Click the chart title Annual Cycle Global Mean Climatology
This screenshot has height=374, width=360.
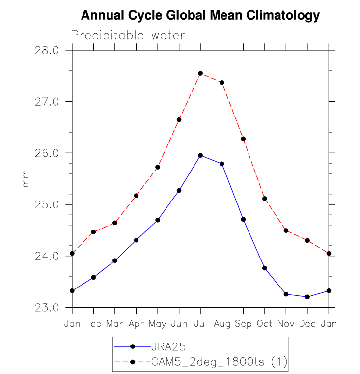tap(200, 16)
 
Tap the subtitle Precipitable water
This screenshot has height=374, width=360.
tap(128, 35)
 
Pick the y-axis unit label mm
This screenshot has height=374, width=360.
tap(26, 178)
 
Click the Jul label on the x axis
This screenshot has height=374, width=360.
tap(200, 324)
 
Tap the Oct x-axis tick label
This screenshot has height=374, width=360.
tap(265, 324)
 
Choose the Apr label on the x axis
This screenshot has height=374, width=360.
tap(136, 324)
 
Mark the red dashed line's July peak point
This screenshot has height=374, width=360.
tap(200, 73)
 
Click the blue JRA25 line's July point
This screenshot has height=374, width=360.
tap(200, 155)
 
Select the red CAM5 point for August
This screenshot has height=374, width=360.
tap(222, 83)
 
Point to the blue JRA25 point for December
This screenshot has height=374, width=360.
tap(307, 297)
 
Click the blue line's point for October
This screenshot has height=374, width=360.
tap(265, 268)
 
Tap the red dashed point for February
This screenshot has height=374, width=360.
tap(93, 232)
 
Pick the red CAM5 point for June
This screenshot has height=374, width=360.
tap(179, 120)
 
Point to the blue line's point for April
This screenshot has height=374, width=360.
tap(136, 240)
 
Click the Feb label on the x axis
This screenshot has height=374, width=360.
tap(93, 324)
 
